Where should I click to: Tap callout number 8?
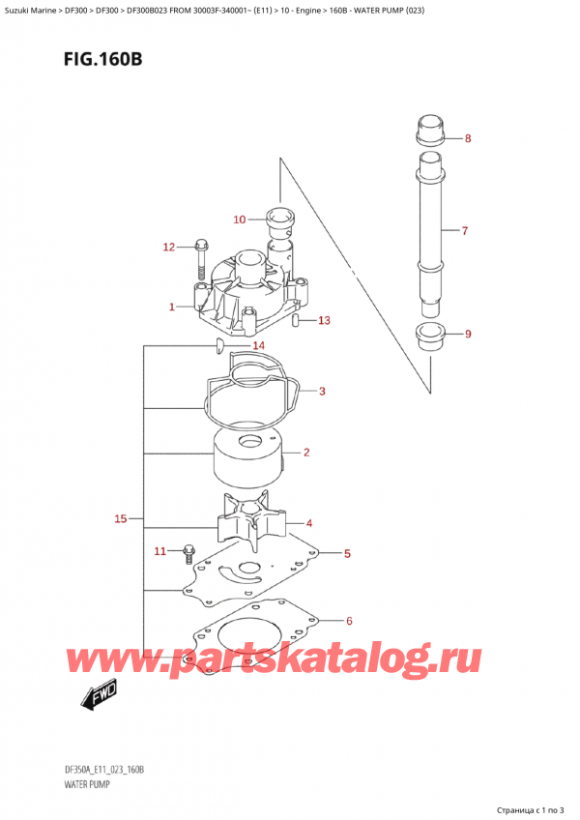click(468, 138)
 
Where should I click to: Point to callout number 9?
click(468, 336)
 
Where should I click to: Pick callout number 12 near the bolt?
click(168, 248)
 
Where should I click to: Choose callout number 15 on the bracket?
click(121, 520)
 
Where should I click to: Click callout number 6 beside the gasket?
click(349, 621)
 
